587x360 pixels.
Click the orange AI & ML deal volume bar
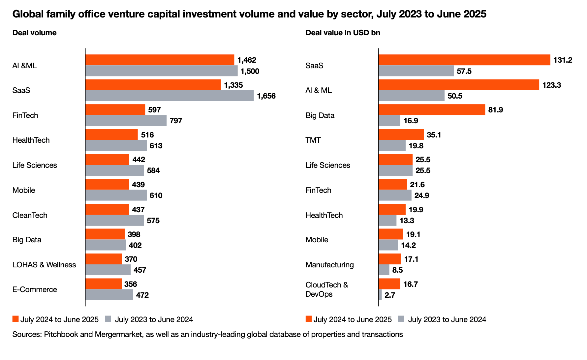pyautogui.click(x=160, y=60)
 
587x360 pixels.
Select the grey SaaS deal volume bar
pyautogui.click(x=170, y=96)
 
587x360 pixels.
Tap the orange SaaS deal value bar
pyautogui.click(x=464, y=60)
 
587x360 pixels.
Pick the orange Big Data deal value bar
pyautogui.click(x=432, y=110)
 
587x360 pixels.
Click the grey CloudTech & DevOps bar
pyautogui.click(x=380, y=295)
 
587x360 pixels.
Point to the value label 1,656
pyautogui.click(x=266, y=96)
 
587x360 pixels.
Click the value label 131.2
pyautogui.click(x=563, y=60)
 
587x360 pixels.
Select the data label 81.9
pyautogui.click(x=495, y=110)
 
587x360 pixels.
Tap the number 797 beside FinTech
pyautogui.click(x=176, y=121)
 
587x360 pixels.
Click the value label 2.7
pyautogui.click(x=389, y=295)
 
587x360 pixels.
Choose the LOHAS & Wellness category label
pyautogui.click(x=44, y=265)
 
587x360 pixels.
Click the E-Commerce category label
pyautogui.click(x=35, y=289)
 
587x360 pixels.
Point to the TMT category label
pyautogui.click(x=313, y=140)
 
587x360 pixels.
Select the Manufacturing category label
pyautogui.click(x=329, y=265)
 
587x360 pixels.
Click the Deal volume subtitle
pyautogui.click(x=34, y=33)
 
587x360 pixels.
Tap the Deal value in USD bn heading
pyautogui.click(x=343, y=33)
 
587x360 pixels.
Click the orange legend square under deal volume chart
pyautogui.click(x=15, y=319)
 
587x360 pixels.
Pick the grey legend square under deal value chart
pyautogui.click(x=401, y=319)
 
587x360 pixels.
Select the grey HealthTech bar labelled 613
pyautogui.click(x=116, y=146)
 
